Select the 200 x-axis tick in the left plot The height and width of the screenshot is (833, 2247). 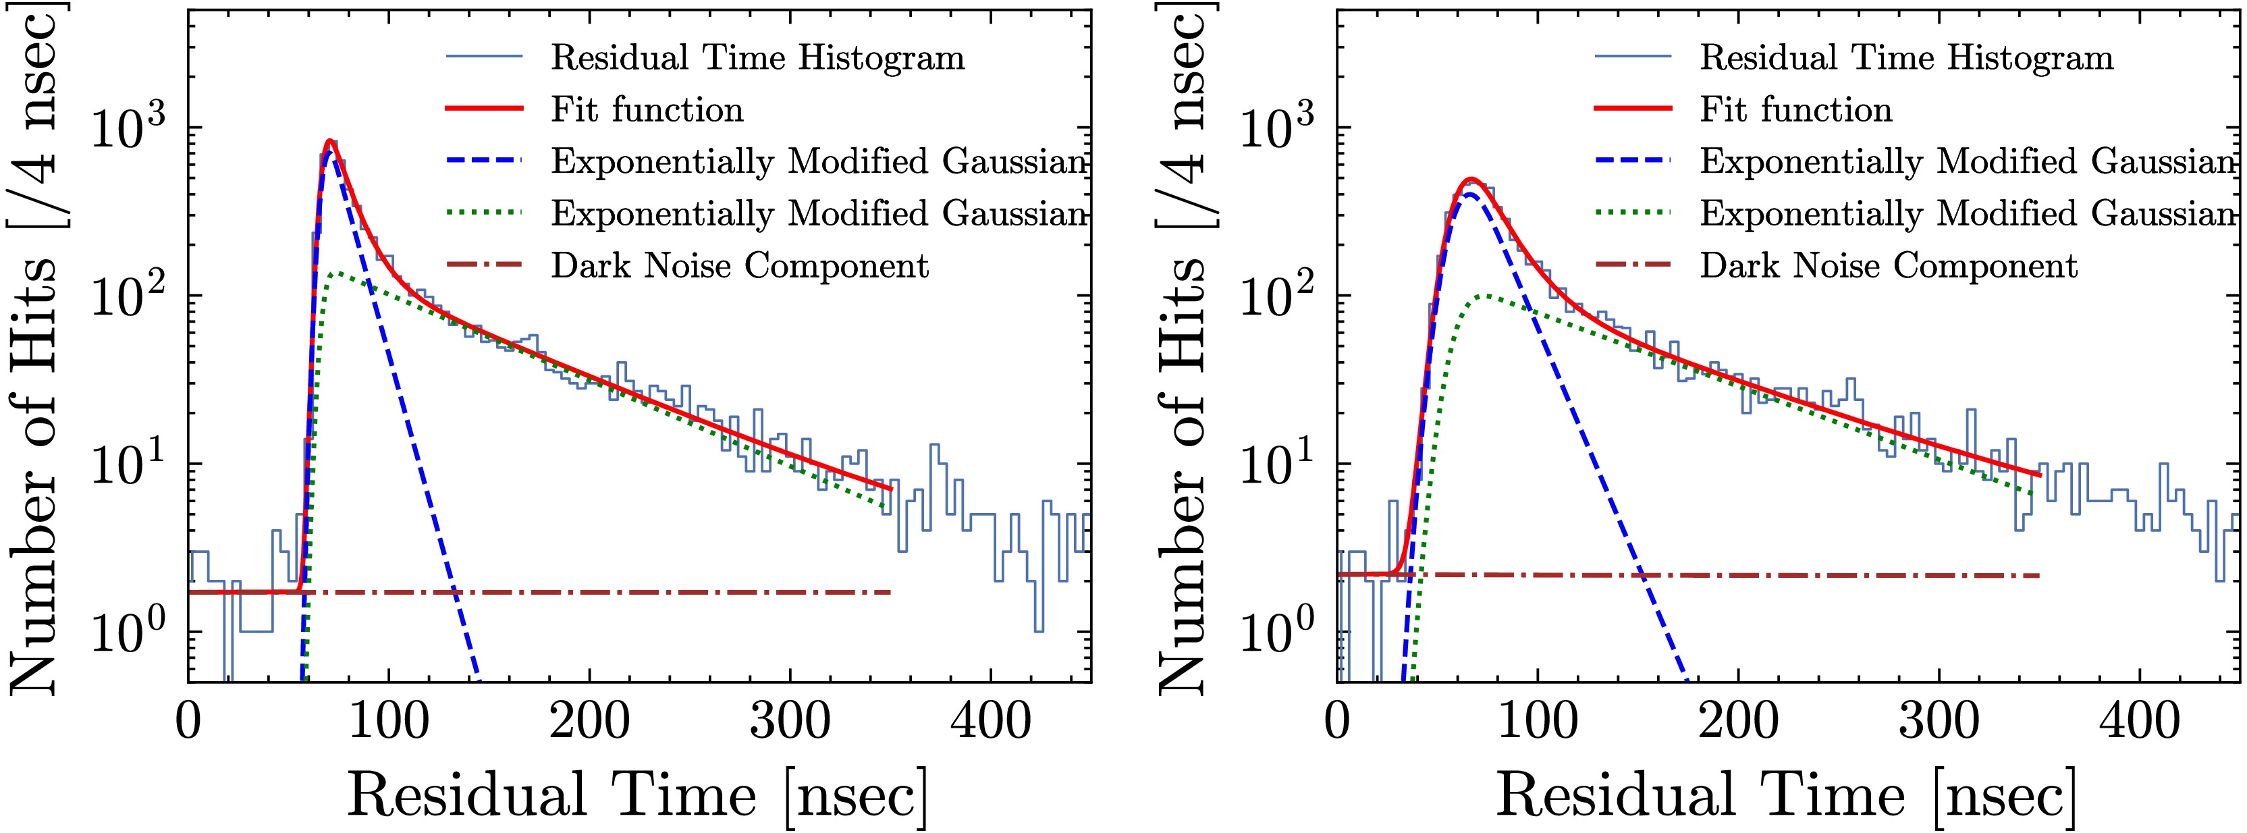(x=590, y=722)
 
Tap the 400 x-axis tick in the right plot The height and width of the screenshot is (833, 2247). (x=2140, y=722)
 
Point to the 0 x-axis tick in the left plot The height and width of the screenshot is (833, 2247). (x=188, y=722)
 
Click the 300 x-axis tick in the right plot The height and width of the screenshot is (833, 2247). (x=1939, y=722)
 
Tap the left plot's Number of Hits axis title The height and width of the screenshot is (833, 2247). (x=35, y=349)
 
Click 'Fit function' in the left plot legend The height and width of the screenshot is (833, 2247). (x=647, y=110)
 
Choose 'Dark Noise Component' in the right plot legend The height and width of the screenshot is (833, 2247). (x=1889, y=266)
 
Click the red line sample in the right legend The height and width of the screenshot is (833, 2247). (x=1633, y=110)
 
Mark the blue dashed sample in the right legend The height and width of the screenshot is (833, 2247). (x=1633, y=161)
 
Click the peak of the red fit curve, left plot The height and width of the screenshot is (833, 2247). (x=329, y=140)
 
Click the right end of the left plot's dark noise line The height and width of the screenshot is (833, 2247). (x=890, y=592)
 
